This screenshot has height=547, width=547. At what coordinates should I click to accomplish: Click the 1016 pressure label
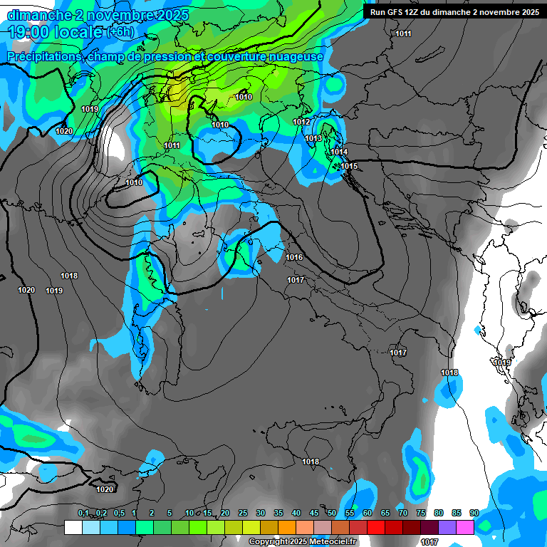(x=294, y=257)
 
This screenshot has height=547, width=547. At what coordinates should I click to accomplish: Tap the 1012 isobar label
(x=301, y=123)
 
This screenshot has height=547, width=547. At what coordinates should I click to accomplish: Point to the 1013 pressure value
(x=314, y=138)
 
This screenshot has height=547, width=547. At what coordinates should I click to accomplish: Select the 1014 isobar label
(x=338, y=152)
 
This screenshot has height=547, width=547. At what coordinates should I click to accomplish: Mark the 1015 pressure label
(x=349, y=166)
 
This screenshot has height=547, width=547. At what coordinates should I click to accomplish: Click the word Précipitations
(x=42, y=56)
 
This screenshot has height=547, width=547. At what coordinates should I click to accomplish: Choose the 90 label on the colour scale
(x=474, y=513)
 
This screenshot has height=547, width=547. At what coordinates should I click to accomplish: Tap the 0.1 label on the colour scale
(x=83, y=513)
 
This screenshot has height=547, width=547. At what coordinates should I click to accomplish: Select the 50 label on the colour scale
(x=332, y=513)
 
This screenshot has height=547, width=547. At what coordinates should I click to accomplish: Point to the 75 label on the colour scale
(x=420, y=513)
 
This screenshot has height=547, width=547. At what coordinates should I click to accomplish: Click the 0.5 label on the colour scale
(x=118, y=513)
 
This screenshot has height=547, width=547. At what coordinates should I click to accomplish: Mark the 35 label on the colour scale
(x=278, y=513)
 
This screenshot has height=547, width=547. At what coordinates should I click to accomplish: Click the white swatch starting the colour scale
(x=73, y=527)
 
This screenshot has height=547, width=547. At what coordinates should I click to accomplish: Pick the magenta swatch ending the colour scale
(x=465, y=527)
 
